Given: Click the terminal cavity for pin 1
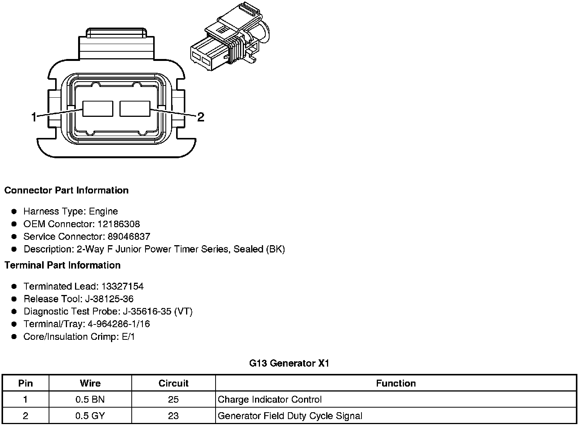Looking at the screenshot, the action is pos(98,109).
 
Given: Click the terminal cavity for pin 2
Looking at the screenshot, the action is pos(135,109).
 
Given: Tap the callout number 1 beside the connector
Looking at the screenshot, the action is pos(34,117).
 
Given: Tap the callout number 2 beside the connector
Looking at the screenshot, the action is pos(201,117).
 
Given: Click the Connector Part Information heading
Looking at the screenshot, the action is pos(67,190).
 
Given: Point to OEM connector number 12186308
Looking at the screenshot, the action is pos(119,224).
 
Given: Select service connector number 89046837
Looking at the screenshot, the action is pos(129,236).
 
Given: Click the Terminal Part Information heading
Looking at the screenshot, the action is pos(62,265).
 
